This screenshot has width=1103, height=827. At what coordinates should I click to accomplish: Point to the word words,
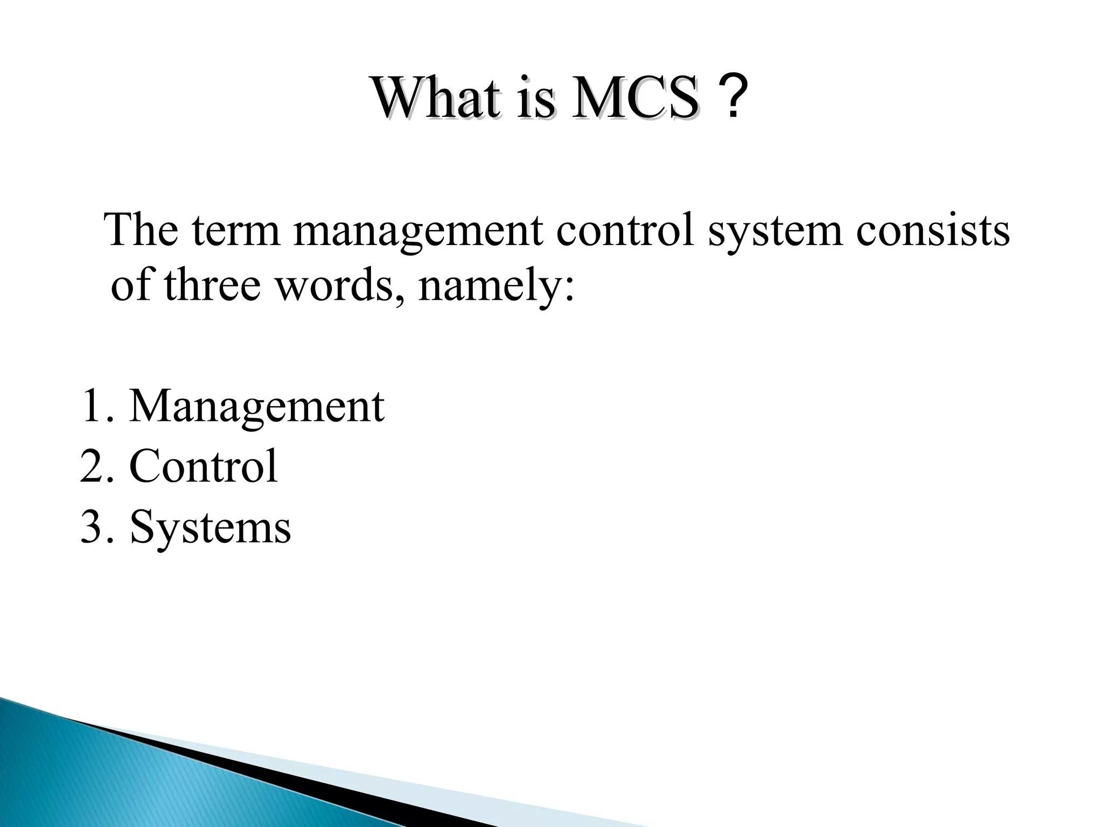[x=339, y=285]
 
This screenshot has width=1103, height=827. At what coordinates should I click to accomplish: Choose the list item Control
[x=204, y=466]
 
